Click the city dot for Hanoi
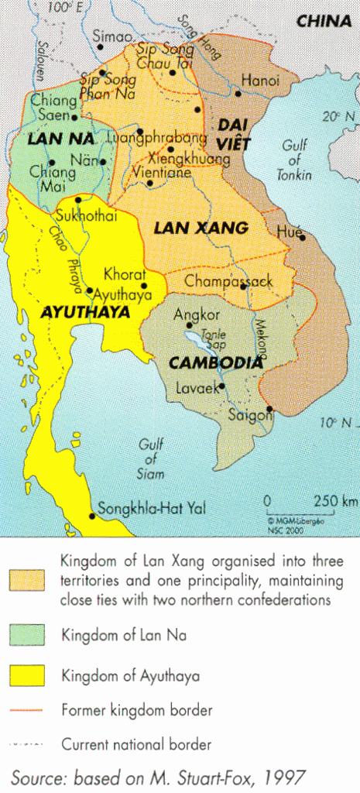point(238,94)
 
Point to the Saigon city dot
point(269,409)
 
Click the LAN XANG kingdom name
point(201,228)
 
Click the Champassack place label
point(228,282)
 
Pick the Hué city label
point(288,231)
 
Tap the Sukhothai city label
point(87,216)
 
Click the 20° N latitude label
point(341,117)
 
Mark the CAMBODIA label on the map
point(216,362)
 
